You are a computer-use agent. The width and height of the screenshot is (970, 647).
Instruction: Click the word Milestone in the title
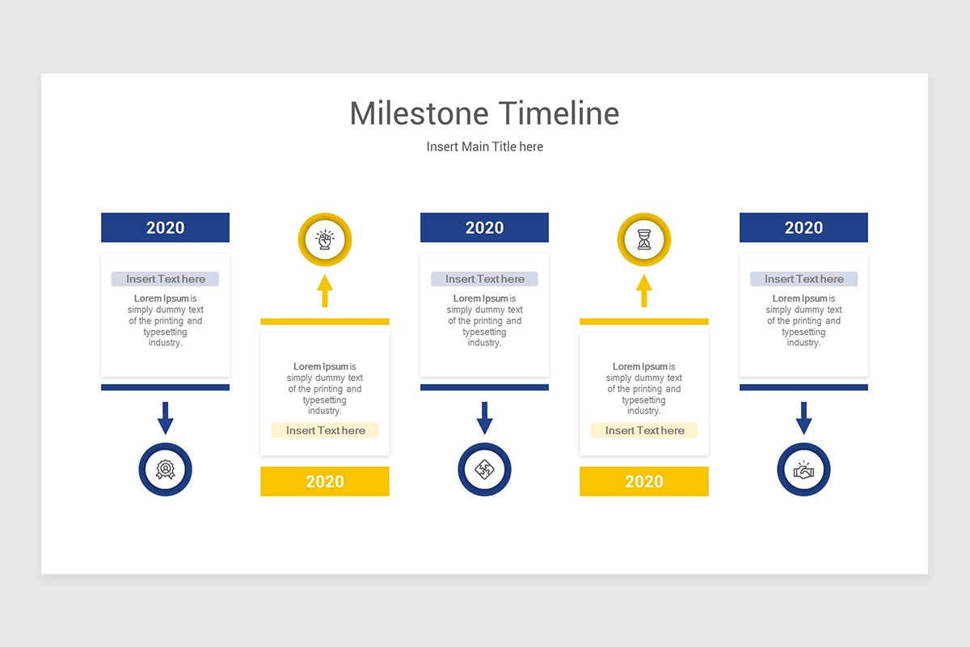tap(420, 113)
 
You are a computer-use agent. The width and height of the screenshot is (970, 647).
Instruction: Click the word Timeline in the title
tap(559, 113)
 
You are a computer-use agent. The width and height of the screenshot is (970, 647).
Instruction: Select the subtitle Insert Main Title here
tap(484, 146)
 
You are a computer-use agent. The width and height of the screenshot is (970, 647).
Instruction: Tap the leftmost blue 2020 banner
tap(166, 227)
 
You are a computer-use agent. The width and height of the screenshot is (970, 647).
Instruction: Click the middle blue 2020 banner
tap(484, 227)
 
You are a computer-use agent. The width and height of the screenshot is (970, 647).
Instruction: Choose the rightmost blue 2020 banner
tap(803, 227)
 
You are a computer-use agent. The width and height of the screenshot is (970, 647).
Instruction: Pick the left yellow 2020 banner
tap(325, 481)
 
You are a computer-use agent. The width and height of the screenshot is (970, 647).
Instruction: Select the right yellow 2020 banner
tap(644, 481)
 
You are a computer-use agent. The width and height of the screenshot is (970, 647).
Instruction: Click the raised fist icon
tap(325, 239)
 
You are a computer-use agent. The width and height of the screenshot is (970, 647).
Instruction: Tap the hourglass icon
tap(644, 239)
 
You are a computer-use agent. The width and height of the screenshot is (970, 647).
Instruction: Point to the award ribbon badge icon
tap(166, 469)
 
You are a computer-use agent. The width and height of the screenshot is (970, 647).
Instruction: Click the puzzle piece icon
tap(484, 469)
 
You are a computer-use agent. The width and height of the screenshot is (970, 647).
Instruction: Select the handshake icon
tap(803, 470)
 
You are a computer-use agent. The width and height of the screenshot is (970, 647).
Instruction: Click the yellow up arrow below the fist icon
tap(325, 291)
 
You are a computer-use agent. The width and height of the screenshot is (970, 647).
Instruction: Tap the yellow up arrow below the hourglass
tap(644, 291)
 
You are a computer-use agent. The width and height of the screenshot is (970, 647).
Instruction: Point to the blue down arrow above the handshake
tap(803, 418)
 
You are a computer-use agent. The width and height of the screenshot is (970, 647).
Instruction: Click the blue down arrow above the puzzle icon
tap(484, 418)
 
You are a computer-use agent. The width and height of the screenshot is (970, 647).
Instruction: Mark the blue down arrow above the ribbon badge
tap(166, 418)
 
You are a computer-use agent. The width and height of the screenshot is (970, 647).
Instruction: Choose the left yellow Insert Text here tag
tap(325, 430)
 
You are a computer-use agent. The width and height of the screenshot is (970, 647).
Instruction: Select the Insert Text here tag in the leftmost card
tap(166, 279)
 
